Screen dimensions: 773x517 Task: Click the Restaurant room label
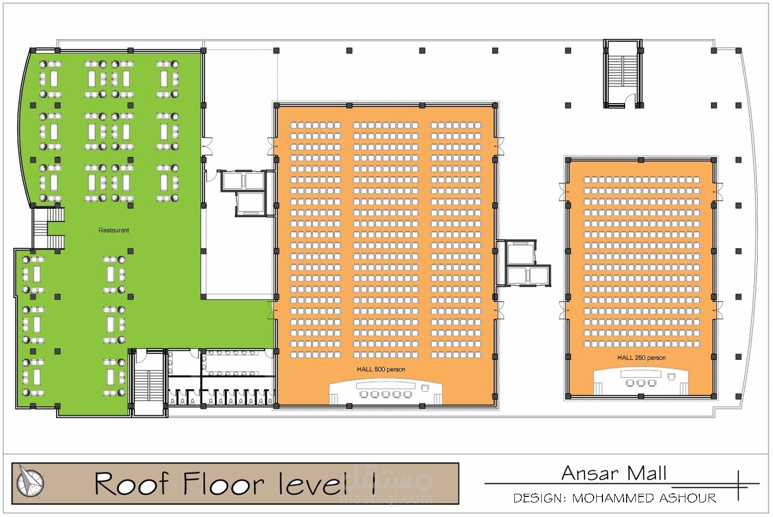coord(113,230)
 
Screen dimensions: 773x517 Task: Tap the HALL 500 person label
coord(381,369)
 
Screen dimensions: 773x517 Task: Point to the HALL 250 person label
coord(641,358)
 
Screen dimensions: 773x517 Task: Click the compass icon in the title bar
coord(30,482)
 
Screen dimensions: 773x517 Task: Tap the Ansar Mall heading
coord(614,474)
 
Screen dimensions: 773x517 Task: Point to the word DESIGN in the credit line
coord(537,498)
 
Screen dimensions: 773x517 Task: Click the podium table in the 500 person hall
coord(385,385)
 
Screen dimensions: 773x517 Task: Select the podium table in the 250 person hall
coord(641,374)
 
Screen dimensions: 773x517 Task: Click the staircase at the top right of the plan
coord(623,74)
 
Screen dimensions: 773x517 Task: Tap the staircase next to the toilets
coord(148,386)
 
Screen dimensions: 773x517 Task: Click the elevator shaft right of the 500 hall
coord(523,263)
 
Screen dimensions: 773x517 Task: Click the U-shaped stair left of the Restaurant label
coord(48,228)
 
